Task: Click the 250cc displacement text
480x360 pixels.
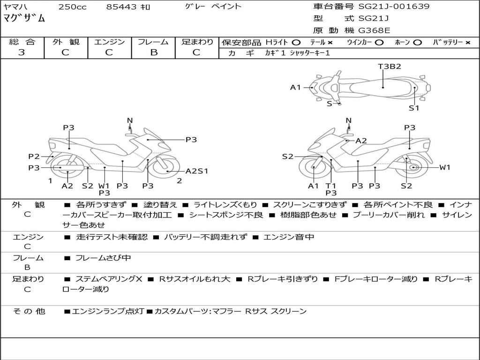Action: pyautogui.click(x=72, y=7)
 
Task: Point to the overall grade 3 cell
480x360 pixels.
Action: pyautogui.click(x=22, y=52)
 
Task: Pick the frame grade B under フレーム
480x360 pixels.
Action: pyautogui.click(x=153, y=52)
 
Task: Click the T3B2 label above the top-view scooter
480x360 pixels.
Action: pyautogui.click(x=390, y=67)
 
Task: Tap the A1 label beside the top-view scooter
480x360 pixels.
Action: pyautogui.click(x=295, y=87)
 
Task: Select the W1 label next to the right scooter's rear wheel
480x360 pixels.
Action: pyautogui.click(x=444, y=167)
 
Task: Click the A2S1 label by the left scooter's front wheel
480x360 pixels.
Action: pyautogui.click(x=197, y=171)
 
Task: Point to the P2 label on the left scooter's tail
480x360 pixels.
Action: pyautogui.click(x=34, y=157)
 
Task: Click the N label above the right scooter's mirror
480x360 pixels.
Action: pyautogui.click(x=348, y=120)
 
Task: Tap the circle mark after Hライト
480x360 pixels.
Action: pyautogui.click(x=296, y=43)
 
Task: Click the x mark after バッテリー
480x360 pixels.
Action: pyautogui.click(x=467, y=43)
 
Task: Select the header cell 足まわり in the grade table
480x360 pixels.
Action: pyautogui.click(x=197, y=42)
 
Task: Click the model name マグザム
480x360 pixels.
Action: pyautogui.click(x=24, y=18)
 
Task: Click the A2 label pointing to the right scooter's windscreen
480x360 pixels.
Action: pyautogui.click(x=361, y=141)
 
